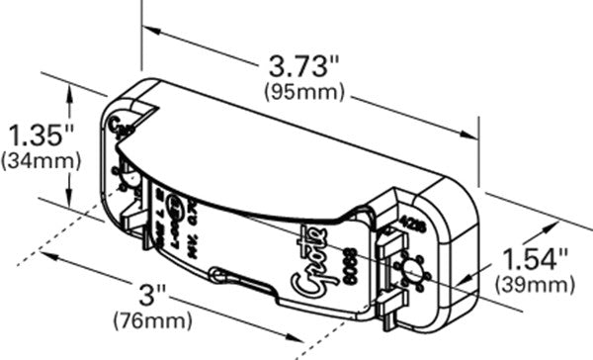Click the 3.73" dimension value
click(x=303, y=68)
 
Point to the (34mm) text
click(x=31, y=158)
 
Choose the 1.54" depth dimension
click(x=534, y=260)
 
